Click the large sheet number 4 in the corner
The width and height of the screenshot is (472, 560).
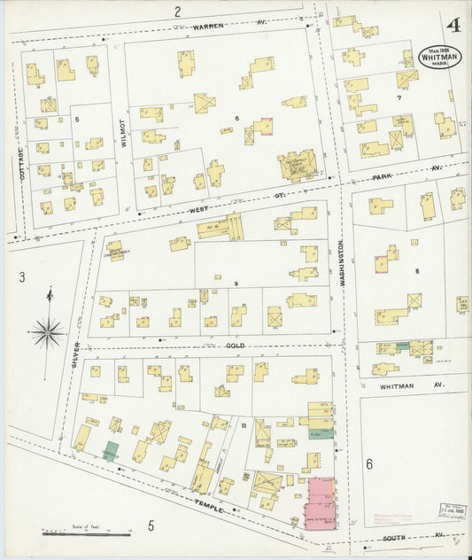[453, 25]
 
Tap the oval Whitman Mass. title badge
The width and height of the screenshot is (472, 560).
[439, 58]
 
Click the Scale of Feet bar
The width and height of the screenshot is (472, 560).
[86, 533]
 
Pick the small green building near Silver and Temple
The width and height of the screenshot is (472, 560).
[112, 450]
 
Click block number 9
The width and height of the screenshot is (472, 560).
[236, 283]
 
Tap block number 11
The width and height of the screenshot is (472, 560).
[243, 427]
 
